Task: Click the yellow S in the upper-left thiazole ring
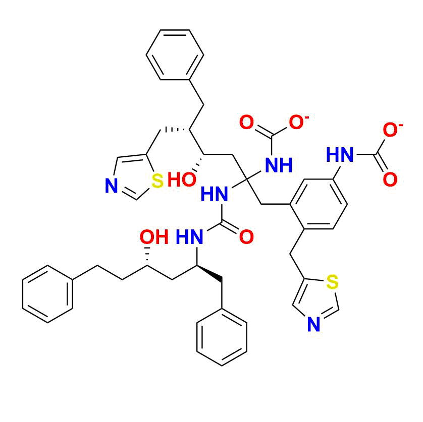[x=157, y=180]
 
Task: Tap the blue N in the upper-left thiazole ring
[x=112, y=186]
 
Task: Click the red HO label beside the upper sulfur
[x=182, y=179]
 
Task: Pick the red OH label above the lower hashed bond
[x=154, y=237]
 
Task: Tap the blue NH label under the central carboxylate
[x=279, y=165]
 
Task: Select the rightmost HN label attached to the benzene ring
[x=340, y=155]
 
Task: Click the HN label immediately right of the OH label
[x=189, y=237]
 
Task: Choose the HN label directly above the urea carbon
[x=214, y=194]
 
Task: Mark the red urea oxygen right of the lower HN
[x=246, y=237]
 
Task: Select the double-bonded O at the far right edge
[x=390, y=179]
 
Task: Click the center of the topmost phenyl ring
[x=175, y=54]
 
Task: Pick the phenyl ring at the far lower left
[x=47, y=294]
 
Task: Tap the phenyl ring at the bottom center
[x=222, y=337]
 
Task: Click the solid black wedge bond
[x=209, y=273]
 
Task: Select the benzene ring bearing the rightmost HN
[x=319, y=204]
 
